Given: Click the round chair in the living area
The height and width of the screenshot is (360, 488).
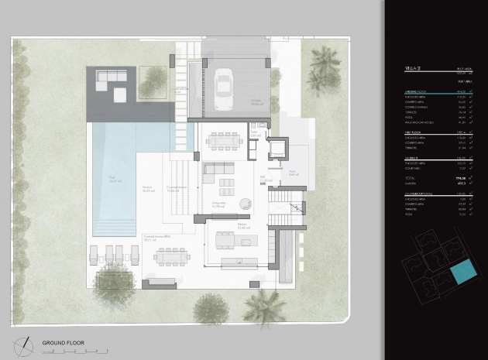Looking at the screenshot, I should coord(245,204).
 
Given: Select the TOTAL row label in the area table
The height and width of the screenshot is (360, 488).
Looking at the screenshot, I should coord(411,177).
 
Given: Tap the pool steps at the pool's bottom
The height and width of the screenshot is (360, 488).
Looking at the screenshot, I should coord(113,226).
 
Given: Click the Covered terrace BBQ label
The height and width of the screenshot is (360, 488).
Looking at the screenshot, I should coord(162,237).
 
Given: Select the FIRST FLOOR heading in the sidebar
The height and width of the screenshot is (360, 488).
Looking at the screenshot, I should coord(415,132).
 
